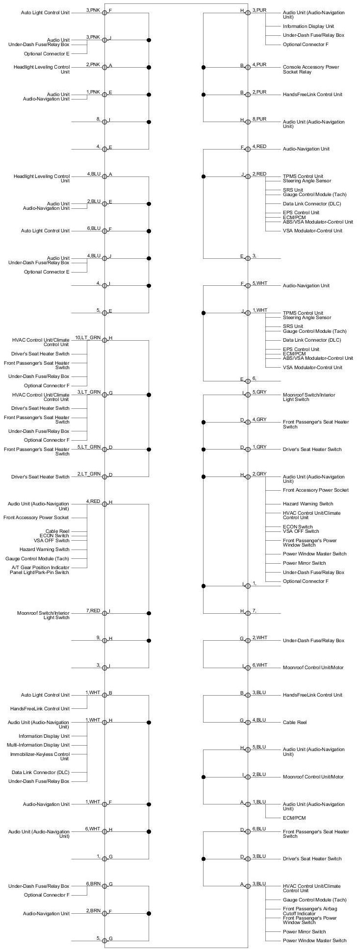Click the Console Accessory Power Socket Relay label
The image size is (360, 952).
(x=311, y=69)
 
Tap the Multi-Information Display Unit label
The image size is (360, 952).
(x=38, y=745)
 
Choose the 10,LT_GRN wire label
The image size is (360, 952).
(x=88, y=338)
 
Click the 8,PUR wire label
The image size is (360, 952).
(x=259, y=119)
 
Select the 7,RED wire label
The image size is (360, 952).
(x=93, y=610)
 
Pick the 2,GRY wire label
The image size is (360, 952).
(x=259, y=474)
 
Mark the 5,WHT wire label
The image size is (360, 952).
(x=260, y=283)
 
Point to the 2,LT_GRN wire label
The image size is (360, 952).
(x=89, y=474)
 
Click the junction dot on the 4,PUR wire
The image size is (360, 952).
(x=204, y=67)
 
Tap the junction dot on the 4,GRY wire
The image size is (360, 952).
(x=204, y=422)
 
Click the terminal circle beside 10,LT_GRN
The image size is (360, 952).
(x=104, y=340)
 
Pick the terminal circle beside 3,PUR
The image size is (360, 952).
(x=248, y=12)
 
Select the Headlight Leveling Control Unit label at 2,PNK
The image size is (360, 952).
(x=42, y=69)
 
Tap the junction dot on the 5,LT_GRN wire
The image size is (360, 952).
(x=149, y=449)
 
